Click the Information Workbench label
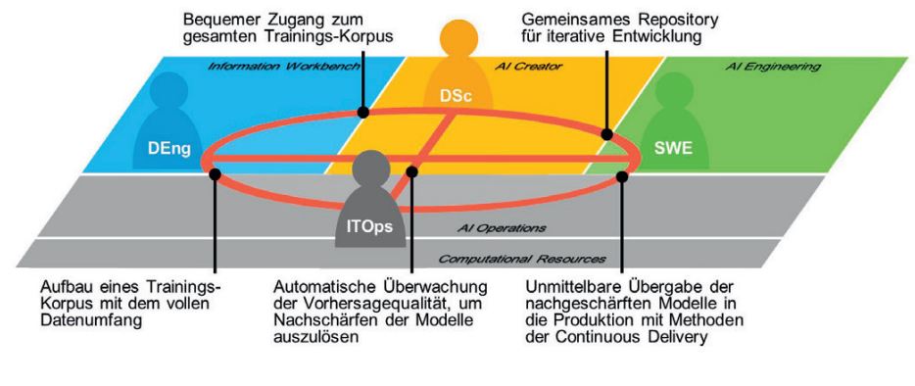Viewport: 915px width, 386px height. [281, 67]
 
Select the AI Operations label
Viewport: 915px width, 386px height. [502, 227]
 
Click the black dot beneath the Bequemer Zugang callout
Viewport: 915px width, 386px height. [362, 112]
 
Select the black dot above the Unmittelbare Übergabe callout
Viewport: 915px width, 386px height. [622, 176]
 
